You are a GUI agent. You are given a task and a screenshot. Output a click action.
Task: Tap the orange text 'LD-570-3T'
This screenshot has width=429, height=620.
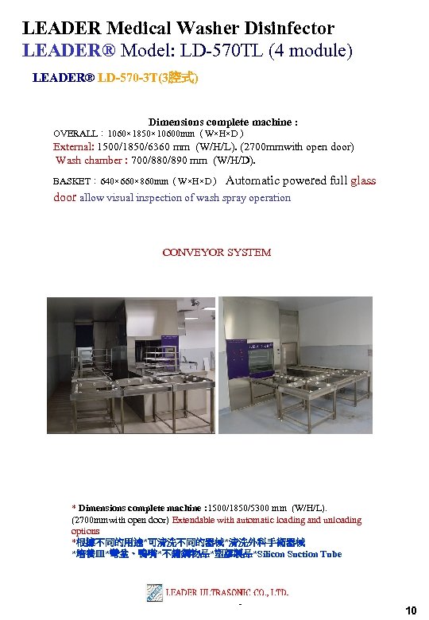[127, 79]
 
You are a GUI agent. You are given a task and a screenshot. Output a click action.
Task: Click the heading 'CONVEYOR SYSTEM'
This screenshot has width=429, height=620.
[217, 253]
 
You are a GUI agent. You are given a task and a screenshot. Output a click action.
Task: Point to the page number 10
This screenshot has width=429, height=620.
[411, 610]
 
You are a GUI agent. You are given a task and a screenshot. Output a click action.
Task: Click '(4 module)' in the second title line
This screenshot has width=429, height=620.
[313, 51]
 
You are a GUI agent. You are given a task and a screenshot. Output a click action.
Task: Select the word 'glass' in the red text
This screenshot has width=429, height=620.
[363, 180]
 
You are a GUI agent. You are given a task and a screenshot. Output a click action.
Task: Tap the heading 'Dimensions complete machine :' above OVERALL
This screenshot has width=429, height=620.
[223, 122]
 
